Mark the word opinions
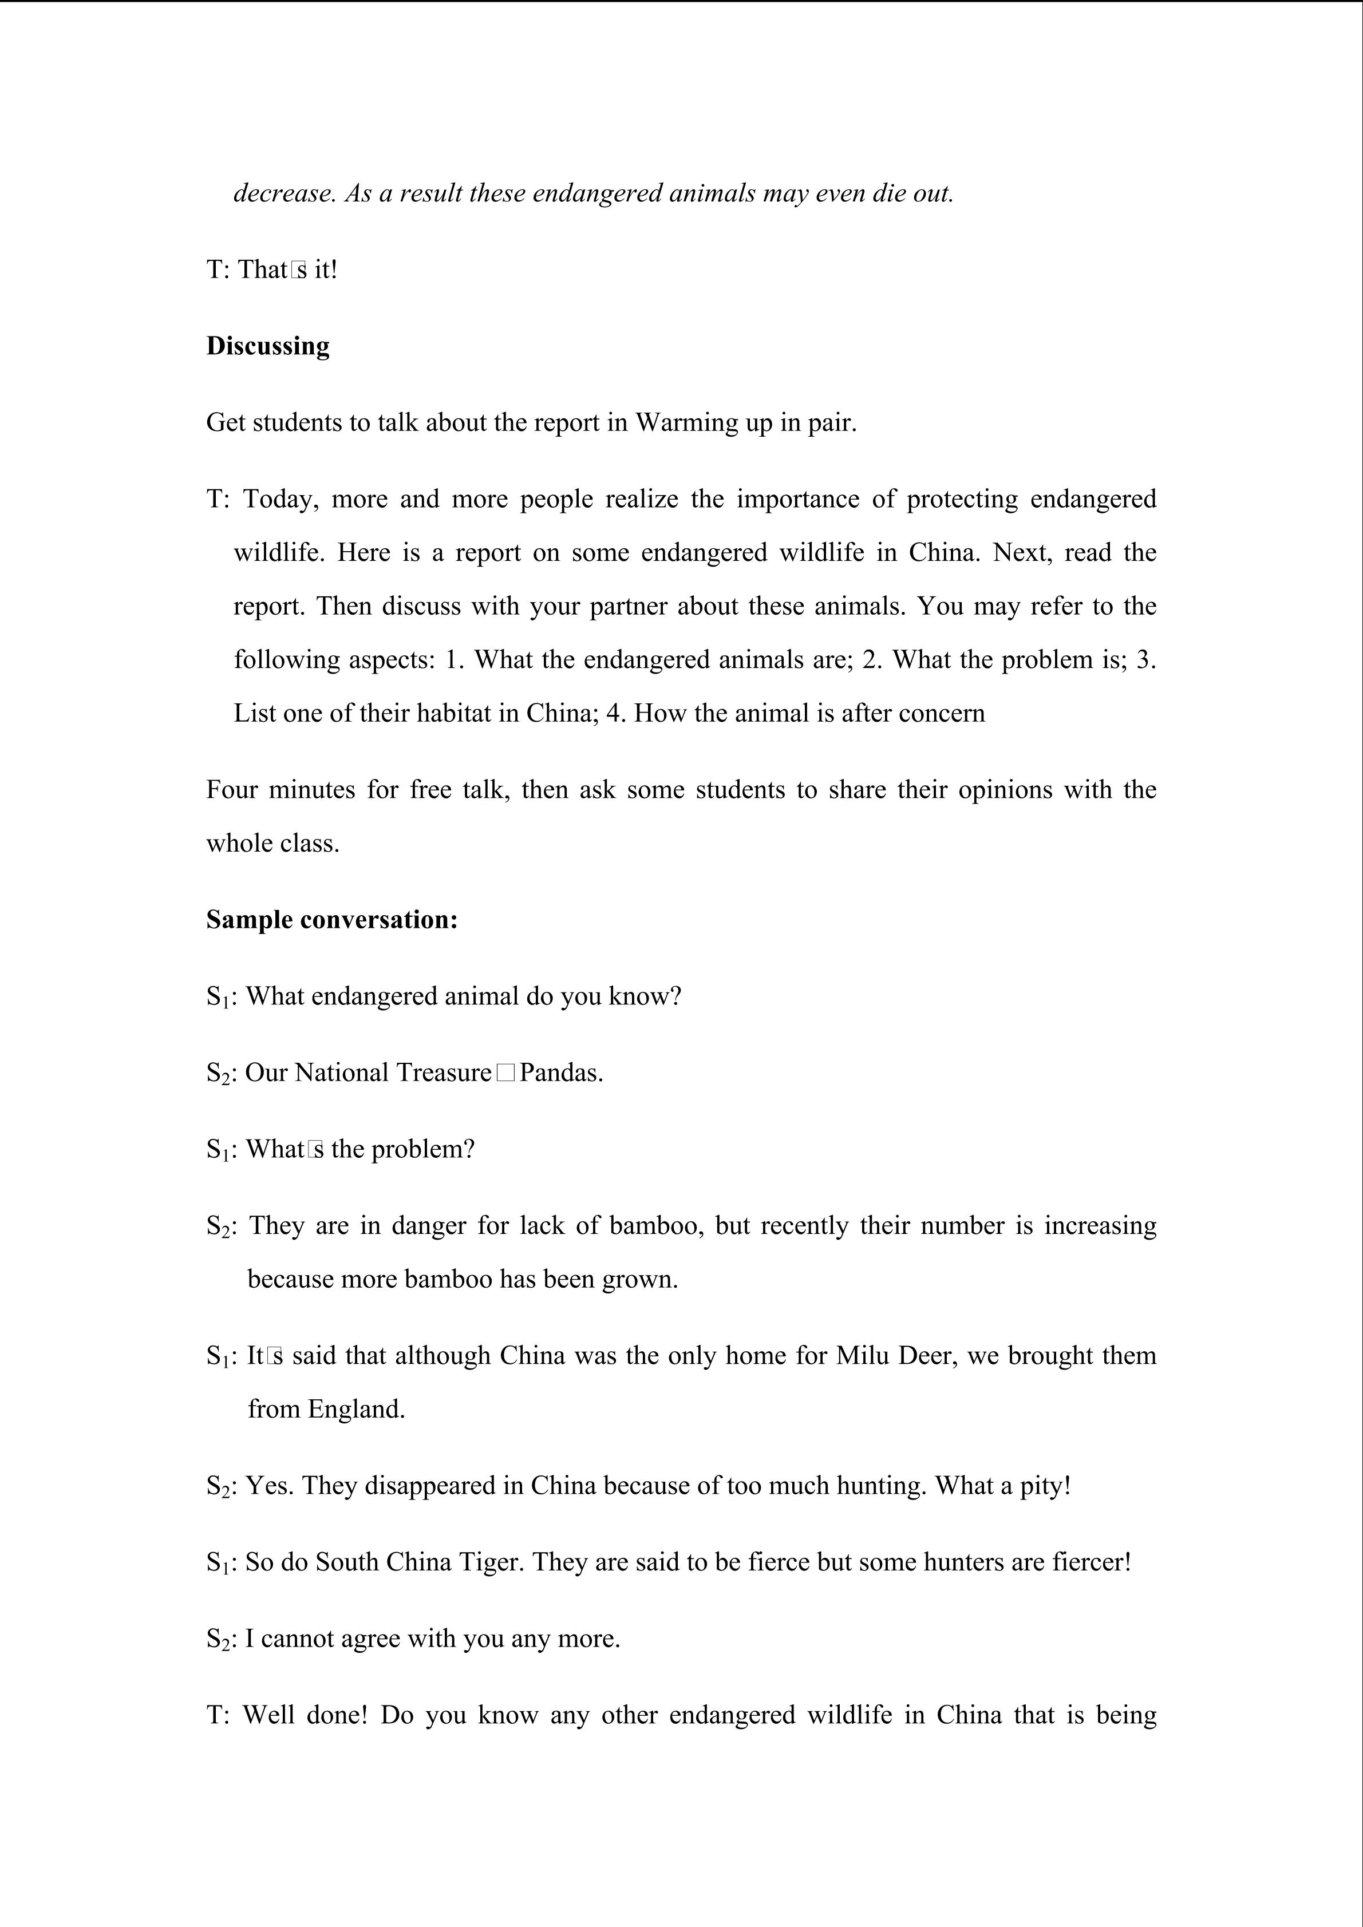click(x=1005, y=790)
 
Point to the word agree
click(x=370, y=1639)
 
